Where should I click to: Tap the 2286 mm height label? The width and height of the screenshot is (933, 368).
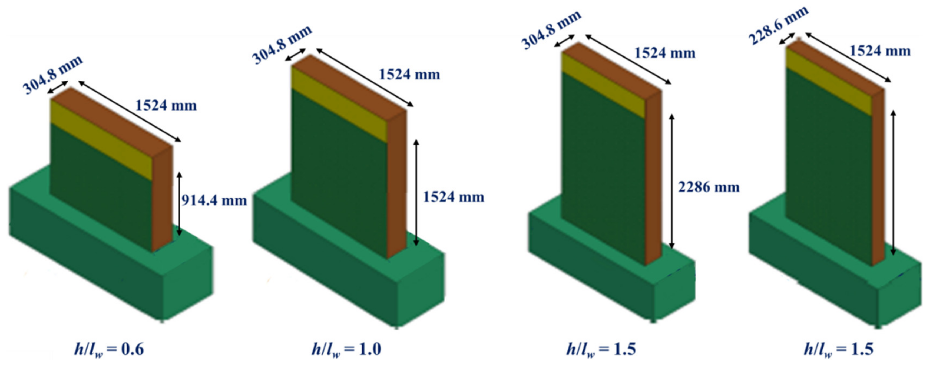709,187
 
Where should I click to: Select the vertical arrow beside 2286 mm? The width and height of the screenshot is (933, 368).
672,181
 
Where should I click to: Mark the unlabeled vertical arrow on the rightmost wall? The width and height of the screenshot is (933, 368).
893,183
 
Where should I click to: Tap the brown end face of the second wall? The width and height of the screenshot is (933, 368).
397,185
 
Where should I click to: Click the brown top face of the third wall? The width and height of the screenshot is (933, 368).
612,67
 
